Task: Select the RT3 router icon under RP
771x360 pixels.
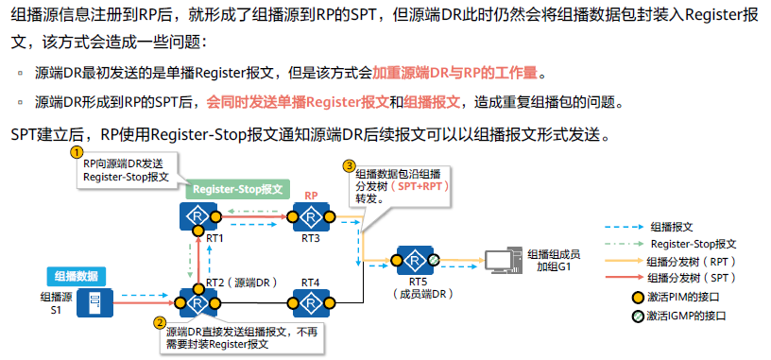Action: pyautogui.click(x=309, y=217)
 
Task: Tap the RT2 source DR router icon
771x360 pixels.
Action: pyautogui.click(x=198, y=303)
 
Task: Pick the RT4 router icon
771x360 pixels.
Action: pyautogui.click(x=310, y=303)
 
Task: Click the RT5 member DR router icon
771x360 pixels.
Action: pyautogui.click(x=413, y=260)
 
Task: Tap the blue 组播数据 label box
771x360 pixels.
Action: pyautogui.click(x=77, y=276)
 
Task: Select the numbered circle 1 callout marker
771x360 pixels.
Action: pyautogui.click(x=77, y=151)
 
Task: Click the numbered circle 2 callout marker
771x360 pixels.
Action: pyautogui.click(x=159, y=322)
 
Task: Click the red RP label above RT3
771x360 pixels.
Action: pyautogui.click(x=309, y=195)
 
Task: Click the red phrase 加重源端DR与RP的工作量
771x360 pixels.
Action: pyautogui.click(x=458, y=73)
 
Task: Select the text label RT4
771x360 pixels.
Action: pyautogui.click(x=310, y=282)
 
